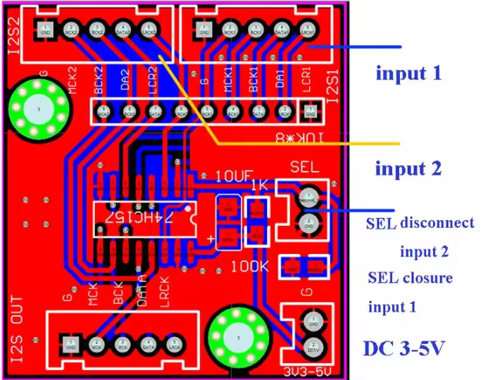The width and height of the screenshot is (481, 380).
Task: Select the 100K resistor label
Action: tap(250, 267)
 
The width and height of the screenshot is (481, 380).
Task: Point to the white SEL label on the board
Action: tap(305, 167)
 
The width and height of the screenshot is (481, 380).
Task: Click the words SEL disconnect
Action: tap(420, 224)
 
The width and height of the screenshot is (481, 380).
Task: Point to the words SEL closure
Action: tap(410, 277)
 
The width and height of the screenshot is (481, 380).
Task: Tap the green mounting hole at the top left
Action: tap(37, 110)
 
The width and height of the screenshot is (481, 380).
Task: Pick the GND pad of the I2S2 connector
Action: tap(45, 30)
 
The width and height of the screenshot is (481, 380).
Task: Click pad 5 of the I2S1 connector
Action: tap(308, 29)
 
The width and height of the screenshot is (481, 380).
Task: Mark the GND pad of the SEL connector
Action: tap(308, 223)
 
